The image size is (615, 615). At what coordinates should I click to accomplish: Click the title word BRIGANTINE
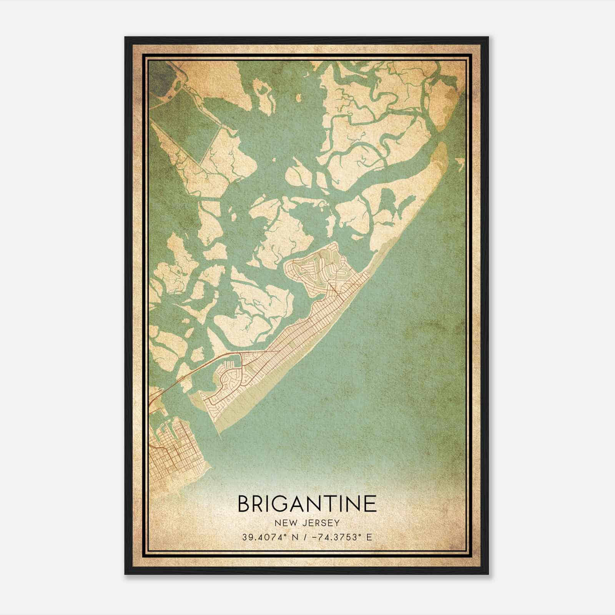[x=307, y=504]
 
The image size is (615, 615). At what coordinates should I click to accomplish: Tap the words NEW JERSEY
[x=307, y=523]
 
